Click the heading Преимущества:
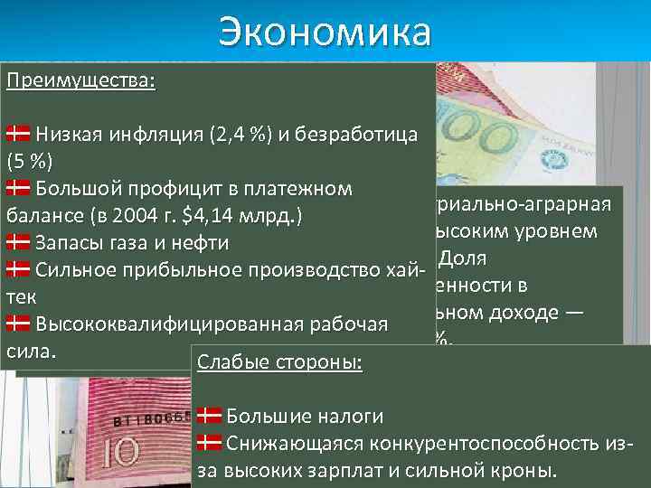[x=80, y=80]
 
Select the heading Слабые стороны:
[x=279, y=362]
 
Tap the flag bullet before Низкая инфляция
[x=18, y=136]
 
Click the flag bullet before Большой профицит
[x=18, y=189]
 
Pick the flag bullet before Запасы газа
[x=18, y=242]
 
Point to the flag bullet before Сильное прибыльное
[x=18, y=269]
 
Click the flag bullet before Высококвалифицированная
[x=18, y=323]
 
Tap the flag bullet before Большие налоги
[x=209, y=416]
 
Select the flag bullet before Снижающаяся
[x=209, y=443]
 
